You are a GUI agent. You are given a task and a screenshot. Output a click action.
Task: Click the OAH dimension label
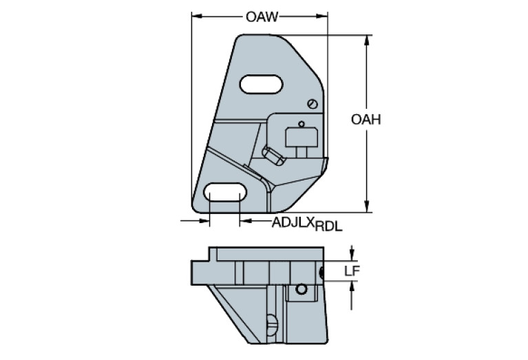click(366, 120)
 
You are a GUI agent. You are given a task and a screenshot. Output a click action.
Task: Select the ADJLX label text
click(293, 222)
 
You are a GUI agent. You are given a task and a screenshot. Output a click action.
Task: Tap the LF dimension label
click(352, 271)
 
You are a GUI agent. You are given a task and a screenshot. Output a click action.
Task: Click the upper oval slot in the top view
click(260, 85)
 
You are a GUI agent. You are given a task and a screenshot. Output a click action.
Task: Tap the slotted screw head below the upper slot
click(313, 104)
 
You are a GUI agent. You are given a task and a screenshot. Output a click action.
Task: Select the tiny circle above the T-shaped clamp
click(301, 123)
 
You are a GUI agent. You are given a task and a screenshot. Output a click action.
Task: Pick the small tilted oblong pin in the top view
click(274, 156)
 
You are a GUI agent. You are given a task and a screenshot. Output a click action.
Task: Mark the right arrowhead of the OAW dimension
click(326, 17)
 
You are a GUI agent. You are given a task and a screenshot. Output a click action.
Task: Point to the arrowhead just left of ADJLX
click(244, 222)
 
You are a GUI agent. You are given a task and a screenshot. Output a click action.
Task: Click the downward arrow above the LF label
click(352, 255)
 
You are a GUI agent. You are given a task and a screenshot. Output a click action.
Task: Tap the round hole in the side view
click(300, 290)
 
